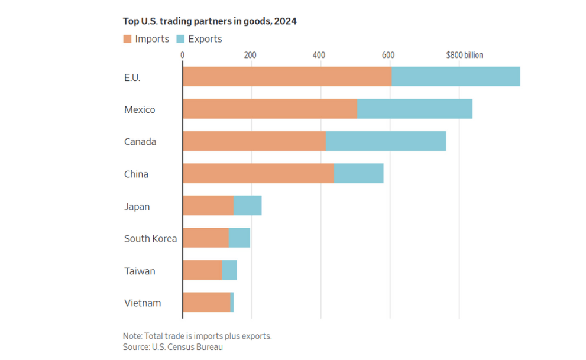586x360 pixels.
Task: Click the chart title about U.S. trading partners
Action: tap(209, 21)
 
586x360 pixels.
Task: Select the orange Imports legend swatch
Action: tap(127, 39)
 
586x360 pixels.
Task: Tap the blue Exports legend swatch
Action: tap(180, 39)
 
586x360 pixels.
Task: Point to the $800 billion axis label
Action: tap(464, 55)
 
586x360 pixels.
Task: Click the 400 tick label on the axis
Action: tap(319, 55)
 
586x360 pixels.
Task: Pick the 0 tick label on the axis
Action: tap(182, 55)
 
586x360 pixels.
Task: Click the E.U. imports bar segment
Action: tap(287, 77)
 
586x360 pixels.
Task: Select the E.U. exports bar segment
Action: tap(455, 77)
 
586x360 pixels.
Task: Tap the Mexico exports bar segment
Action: tap(415, 109)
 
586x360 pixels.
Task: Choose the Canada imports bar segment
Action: tap(254, 142)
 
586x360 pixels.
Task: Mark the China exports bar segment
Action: tap(358, 174)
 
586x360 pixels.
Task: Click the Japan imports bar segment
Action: tap(208, 206)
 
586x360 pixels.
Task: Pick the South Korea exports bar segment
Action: tap(239, 238)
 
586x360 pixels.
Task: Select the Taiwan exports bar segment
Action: tap(229, 271)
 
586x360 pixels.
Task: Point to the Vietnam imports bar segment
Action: tap(206, 303)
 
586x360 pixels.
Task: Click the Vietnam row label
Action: tap(142, 303)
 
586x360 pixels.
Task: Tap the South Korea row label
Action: tap(150, 239)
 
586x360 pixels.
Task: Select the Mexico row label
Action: tap(140, 110)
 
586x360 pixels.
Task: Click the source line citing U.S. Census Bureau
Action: tap(173, 347)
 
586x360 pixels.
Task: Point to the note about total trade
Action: tap(197, 336)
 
